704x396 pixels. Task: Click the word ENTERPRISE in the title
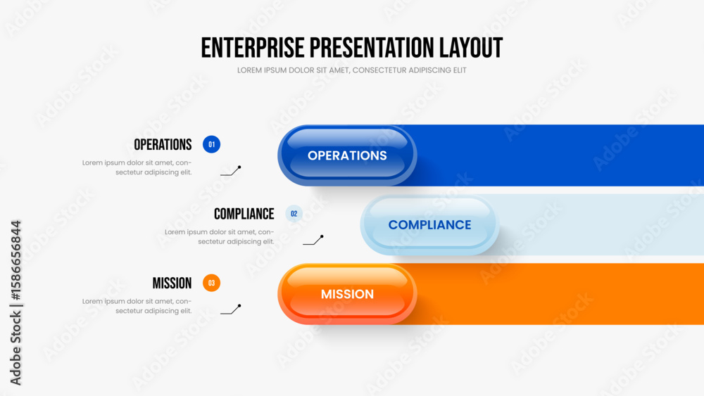click(x=253, y=48)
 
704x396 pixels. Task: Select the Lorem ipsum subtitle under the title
click(x=351, y=70)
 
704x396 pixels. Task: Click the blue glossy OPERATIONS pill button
click(x=347, y=155)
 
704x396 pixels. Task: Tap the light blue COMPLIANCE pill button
click(x=429, y=224)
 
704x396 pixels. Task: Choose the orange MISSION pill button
click(x=347, y=294)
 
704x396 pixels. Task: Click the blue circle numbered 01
click(x=211, y=144)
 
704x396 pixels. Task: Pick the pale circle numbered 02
click(x=294, y=213)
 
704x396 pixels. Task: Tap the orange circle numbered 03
click(x=211, y=283)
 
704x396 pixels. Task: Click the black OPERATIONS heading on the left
click(x=163, y=144)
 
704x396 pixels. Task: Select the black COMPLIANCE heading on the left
click(x=244, y=214)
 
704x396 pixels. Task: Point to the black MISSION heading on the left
click(x=172, y=283)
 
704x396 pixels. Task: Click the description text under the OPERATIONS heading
click(x=137, y=167)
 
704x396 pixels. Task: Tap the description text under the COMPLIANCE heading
click(x=220, y=237)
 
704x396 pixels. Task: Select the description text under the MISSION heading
click(x=137, y=306)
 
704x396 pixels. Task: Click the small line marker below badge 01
click(x=231, y=171)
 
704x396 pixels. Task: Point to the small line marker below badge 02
click(x=313, y=240)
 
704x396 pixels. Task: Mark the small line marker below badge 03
click(x=231, y=309)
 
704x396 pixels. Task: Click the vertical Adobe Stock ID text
click(x=15, y=302)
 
